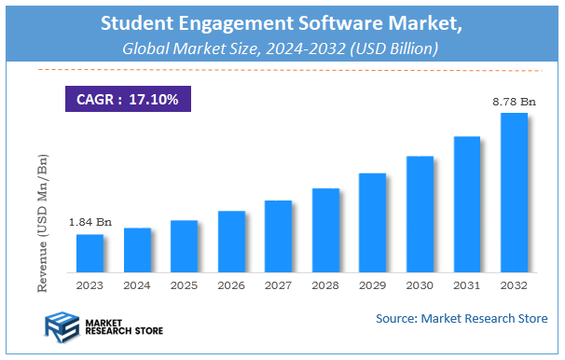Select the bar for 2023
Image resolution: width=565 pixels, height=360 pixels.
click(x=90, y=253)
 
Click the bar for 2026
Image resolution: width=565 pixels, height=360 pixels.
click(x=231, y=241)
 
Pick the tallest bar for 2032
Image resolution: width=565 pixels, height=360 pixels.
click(x=514, y=192)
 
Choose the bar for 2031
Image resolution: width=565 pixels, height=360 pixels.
click(x=467, y=203)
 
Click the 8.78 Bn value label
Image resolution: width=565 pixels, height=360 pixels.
click(x=514, y=101)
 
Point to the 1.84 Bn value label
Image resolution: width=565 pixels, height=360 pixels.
click(x=90, y=222)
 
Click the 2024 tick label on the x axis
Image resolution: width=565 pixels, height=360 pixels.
click(x=137, y=284)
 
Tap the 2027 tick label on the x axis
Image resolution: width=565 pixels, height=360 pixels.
click(x=278, y=284)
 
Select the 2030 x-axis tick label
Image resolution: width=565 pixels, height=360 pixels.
click(x=420, y=284)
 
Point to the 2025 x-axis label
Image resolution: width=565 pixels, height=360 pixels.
click(x=184, y=284)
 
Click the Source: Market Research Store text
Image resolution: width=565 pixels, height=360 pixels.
click(x=462, y=319)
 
